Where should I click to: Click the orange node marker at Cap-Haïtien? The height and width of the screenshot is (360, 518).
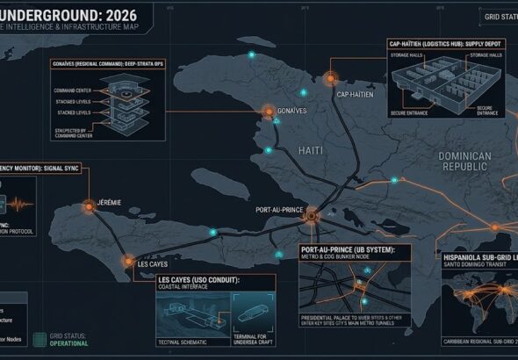[334, 76]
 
